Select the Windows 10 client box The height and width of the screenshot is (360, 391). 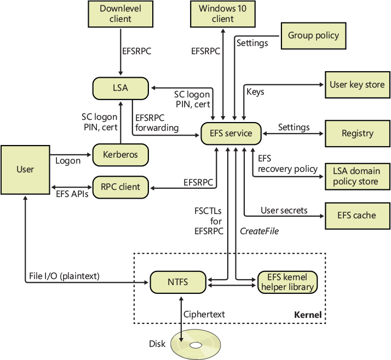pos(223,14)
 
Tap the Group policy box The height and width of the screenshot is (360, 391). pos(314,36)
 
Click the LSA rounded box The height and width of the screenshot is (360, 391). pos(120,88)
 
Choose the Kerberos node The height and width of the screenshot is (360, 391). pos(120,155)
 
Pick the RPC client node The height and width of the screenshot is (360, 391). pos(120,187)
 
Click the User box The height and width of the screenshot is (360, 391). pos(25,169)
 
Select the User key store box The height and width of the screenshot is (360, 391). pos(357,85)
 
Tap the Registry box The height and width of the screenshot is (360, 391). pos(357,133)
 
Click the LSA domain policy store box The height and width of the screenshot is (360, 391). pos(357,176)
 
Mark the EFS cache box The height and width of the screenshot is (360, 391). pos(357,215)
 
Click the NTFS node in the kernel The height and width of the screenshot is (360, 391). pos(178,282)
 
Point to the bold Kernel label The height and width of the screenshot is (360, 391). pos(308,316)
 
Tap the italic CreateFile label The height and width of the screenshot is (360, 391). pos(260,231)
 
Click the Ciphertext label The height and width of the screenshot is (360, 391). pos(204,315)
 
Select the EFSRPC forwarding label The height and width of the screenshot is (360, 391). pos(156,122)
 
